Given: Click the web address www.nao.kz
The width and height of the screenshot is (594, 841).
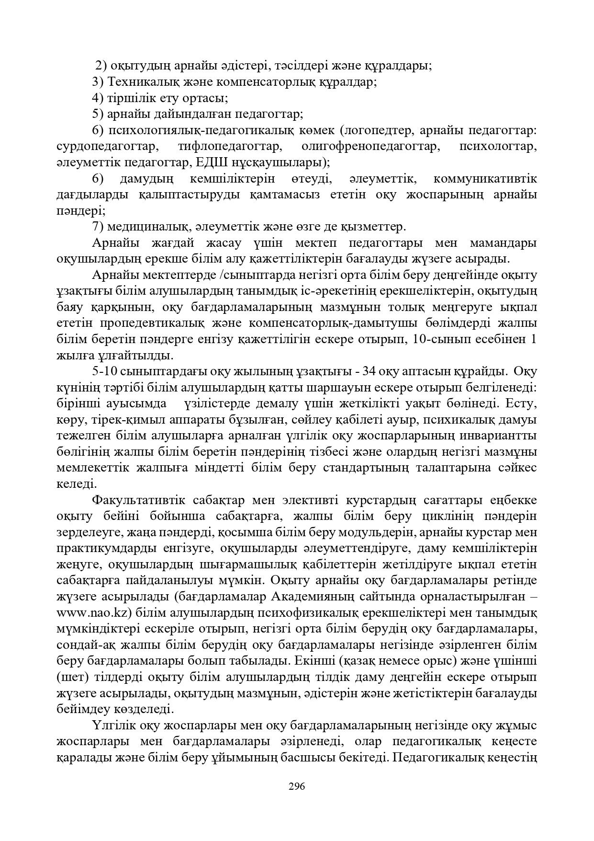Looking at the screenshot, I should (90, 613).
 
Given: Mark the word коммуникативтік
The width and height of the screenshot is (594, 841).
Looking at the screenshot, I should (484, 179).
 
